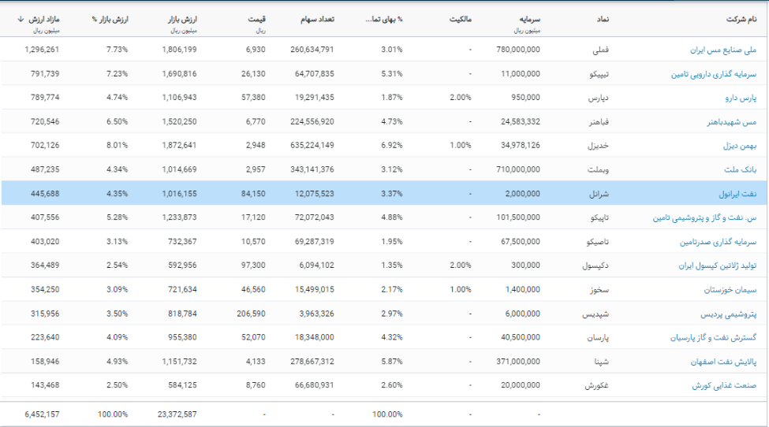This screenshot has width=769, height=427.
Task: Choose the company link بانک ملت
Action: [x=740, y=169]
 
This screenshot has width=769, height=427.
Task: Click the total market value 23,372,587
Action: [x=177, y=414]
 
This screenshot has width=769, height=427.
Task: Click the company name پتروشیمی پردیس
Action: [x=729, y=314]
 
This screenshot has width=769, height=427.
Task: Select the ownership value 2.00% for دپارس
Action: [x=460, y=98]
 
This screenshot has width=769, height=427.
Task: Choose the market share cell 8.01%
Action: [x=116, y=146]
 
